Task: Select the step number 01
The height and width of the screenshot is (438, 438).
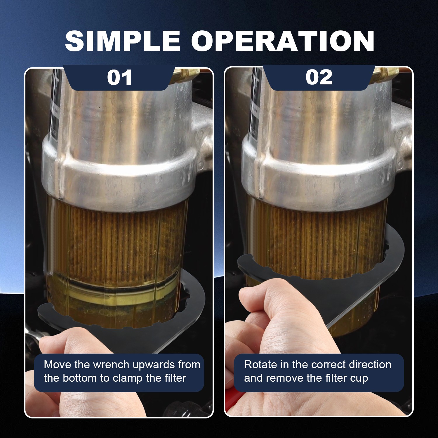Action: (x=119, y=77)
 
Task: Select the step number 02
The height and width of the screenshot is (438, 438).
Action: (x=319, y=77)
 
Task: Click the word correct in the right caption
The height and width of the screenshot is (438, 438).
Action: (x=328, y=365)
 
